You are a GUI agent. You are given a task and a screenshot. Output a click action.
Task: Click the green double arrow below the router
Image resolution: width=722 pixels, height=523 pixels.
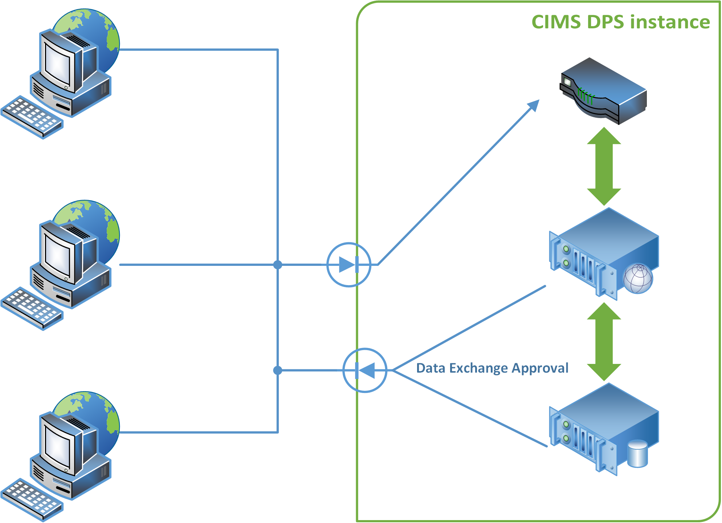[x=604, y=166]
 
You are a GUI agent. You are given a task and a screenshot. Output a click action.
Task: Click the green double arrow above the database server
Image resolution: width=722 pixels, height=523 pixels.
[x=604, y=341]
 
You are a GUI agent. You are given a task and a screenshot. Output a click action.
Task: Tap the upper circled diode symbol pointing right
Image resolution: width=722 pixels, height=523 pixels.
[x=349, y=265]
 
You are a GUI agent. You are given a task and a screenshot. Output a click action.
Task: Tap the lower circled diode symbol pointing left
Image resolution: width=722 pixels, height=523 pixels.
[x=365, y=370]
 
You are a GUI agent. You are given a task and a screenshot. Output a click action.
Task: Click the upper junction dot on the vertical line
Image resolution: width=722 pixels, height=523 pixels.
[x=278, y=265]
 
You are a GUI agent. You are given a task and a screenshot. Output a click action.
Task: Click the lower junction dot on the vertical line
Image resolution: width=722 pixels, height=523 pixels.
[x=278, y=370]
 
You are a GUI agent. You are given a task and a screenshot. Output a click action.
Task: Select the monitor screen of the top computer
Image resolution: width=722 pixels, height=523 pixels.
[x=57, y=64]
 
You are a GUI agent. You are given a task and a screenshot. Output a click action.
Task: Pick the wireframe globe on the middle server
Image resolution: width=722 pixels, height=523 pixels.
[x=638, y=279]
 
